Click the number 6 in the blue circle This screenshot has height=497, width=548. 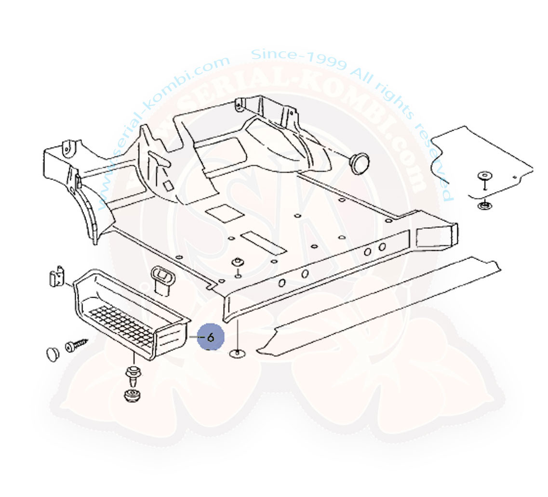pyautogui.click(x=211, y=337)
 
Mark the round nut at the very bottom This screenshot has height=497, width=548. pyautogui.click(x=131, y=395)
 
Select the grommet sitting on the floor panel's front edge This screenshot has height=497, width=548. pyautogui.click(x=237, y=263)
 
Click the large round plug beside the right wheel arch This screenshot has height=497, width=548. pyautogui.click(x=359, y=162)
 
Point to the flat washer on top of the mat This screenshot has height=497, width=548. pyautogui.click(x=483, y=176)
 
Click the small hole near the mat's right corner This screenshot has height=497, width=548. pyautogui.click(x=516, y=177)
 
